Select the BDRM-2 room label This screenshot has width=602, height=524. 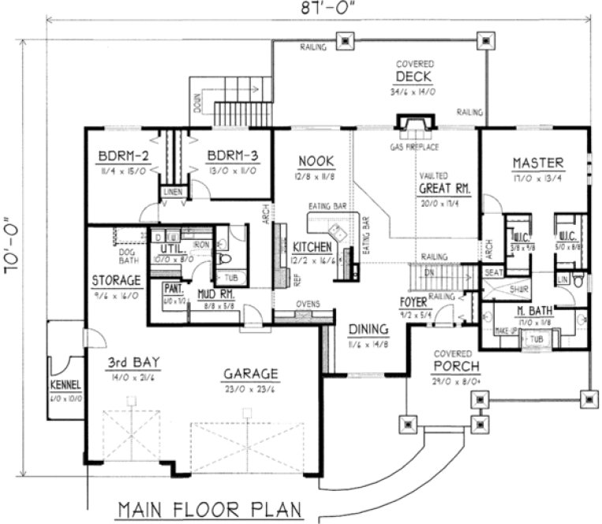[119, 155]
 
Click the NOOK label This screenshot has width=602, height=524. [312, 162]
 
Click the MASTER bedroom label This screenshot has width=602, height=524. [538, 163]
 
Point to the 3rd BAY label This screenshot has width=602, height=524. [134, 363]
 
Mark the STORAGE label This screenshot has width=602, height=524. [116, 280]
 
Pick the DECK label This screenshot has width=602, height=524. [413, 77]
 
